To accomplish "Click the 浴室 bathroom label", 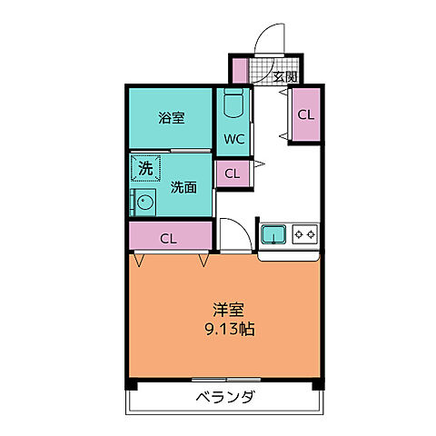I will pos(170,117).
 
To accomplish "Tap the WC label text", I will pos(233,139).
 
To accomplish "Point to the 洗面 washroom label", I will pos(183,188).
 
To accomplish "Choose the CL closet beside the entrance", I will pos(305,114).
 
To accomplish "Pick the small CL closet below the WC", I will pos(233,173).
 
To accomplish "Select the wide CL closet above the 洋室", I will pos(169,239).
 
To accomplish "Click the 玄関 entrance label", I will pos(285,77).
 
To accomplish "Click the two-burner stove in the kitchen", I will pos(304,235).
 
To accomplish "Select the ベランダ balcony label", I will pos(224,398).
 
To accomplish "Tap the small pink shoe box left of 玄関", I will pos(239,70).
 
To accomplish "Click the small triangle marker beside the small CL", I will pos(260,164).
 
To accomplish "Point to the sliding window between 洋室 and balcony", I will pos(224,378).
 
